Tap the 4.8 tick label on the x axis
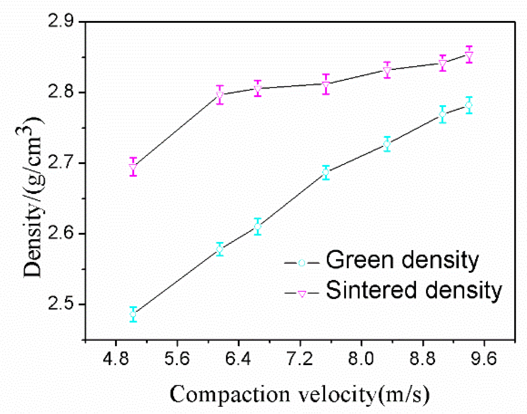(x=115, y=359)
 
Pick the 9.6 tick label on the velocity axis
(x=484, y=359)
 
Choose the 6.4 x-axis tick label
(x=238, y=359)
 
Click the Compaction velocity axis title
(x=299, y=395)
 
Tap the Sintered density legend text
(x=413, y=290)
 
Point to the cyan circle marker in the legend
(x=302, y=263)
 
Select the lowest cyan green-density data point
(x=133, y=314)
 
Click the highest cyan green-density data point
(x=469, y=105)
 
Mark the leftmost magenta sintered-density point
(x=133, y=167)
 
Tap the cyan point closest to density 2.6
(x=257, y=227)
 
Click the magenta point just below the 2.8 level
(x=220, y=95)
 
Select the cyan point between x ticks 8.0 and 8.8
(x=387, y=144)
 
